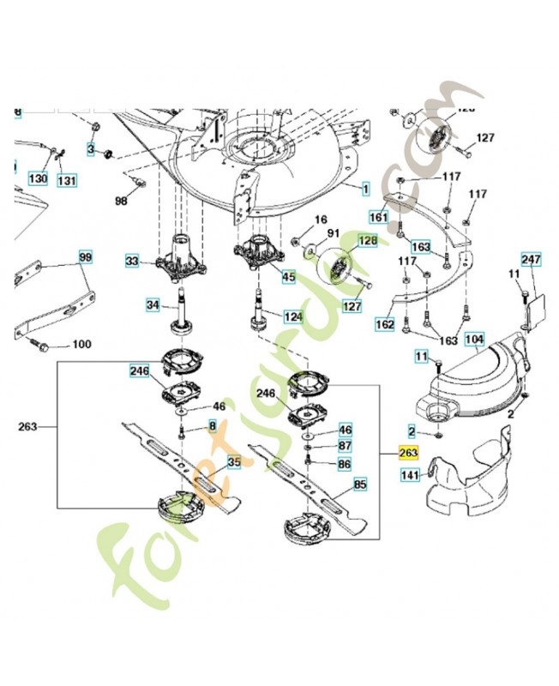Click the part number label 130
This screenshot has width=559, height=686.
38,179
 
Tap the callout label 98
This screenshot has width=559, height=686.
122,200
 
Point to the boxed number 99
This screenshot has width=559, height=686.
86,257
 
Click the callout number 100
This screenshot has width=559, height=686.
81,345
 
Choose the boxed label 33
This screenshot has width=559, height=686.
132,261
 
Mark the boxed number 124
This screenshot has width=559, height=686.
294,316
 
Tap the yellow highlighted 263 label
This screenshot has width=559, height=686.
408,452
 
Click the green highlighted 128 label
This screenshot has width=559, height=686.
367,242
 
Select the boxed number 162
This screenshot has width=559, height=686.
385,325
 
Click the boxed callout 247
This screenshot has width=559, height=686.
532,258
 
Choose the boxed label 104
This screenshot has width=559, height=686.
475,340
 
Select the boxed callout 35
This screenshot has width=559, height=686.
233,462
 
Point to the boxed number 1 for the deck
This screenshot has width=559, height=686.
365,188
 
